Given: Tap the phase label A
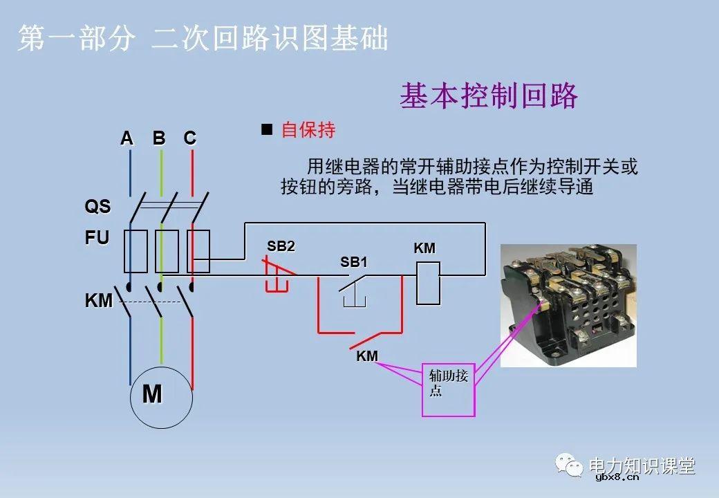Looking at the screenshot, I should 127,138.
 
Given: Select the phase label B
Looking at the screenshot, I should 159,138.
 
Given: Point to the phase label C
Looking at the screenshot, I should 190,138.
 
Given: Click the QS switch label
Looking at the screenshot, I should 97,207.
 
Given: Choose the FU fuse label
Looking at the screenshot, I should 97,239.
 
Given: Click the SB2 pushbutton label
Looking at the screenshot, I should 281,247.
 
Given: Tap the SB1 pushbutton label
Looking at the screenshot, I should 354,263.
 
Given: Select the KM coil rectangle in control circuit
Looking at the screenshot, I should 427,283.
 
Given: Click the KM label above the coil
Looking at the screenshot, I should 424,249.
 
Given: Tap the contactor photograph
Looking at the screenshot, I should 568,304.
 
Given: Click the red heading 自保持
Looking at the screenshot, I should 308,130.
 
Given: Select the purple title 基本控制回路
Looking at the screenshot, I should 488,96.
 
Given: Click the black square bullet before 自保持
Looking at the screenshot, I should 267,129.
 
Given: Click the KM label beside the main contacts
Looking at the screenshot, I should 98,302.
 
